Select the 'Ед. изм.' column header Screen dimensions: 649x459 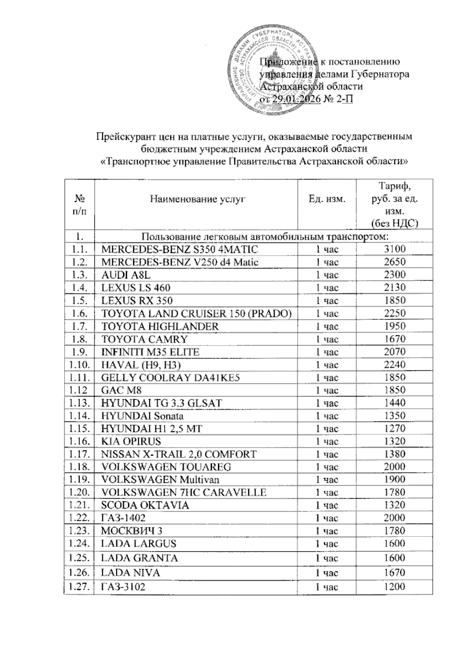click(x=327, y=199)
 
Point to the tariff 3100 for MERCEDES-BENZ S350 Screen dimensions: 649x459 click(x=394, y=249)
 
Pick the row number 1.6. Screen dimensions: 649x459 click(x=79, y=314)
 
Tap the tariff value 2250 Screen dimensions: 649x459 click(x=394, y=314)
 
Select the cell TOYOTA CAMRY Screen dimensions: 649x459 click(x=145, y=339)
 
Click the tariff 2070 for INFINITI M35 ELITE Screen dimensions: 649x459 click(x=394, y=352)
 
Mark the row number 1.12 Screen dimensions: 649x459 click(x=79, y=391)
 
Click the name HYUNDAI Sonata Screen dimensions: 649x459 click(x=142, y=416)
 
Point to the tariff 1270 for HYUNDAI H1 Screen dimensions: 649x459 click(x=394, y=429)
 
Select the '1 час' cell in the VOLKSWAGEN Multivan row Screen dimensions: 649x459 click(x=327, y=480)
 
